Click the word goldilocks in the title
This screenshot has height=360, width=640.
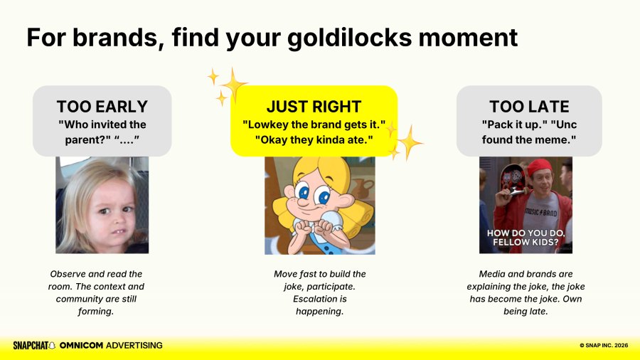349,38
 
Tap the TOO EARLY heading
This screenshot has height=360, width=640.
102,107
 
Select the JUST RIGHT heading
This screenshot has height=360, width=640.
314,107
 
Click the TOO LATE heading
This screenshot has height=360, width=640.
529,107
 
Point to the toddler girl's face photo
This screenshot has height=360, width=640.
102,205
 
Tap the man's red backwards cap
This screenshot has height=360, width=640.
539,166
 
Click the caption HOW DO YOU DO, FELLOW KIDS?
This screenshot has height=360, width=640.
526,238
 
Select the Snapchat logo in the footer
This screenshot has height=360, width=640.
34,345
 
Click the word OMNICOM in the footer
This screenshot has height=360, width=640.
81,345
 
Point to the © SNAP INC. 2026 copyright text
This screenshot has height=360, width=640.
604,345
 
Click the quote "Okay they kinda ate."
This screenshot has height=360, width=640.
314,139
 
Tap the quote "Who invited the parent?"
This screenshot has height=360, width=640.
102,132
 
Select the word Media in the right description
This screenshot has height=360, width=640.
491,274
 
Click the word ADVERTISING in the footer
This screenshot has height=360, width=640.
134,345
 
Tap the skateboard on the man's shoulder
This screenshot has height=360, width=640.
513,179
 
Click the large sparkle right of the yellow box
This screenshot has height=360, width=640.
410,142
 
